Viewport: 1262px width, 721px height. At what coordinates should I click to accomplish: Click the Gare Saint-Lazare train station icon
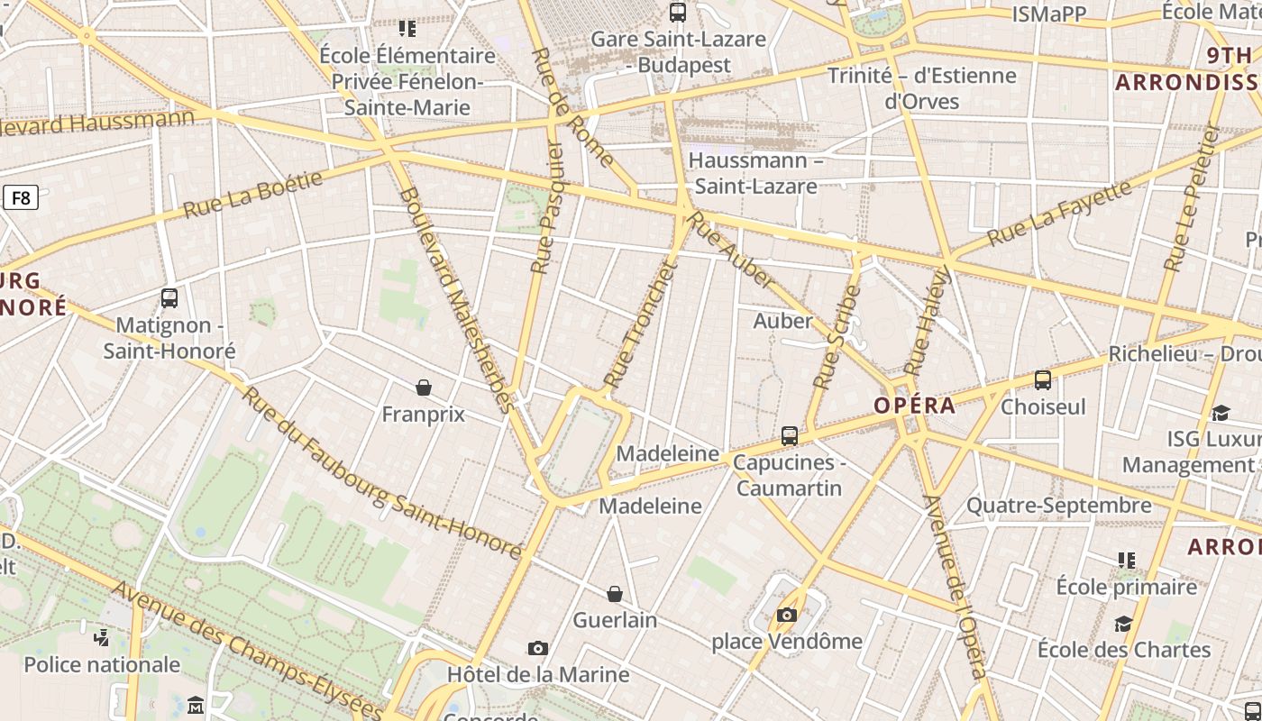point(678,13)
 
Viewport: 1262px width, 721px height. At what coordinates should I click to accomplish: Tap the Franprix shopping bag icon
point(424,388)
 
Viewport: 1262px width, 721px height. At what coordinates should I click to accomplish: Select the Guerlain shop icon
point(615,594)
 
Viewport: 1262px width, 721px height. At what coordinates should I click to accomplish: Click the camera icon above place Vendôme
point(787,616)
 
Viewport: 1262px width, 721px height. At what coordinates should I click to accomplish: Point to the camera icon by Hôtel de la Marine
point(538,648)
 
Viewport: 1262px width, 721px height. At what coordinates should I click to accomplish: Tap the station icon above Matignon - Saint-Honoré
point(169,298)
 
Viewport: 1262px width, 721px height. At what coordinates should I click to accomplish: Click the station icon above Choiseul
point(1043,380)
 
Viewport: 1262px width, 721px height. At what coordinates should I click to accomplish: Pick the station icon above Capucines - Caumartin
point(790,436)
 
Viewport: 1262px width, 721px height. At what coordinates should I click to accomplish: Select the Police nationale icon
point(102,638)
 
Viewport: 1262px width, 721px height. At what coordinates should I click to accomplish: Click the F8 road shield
point(20,197)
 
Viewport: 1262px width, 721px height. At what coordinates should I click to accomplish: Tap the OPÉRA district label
point(914,406)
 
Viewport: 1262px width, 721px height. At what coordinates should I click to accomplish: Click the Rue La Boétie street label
point(252,195)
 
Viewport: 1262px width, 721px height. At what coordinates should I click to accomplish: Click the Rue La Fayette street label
point(1059,214)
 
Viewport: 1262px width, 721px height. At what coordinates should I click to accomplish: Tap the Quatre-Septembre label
point(1059,506)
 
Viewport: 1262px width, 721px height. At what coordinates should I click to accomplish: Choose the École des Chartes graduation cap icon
point(1123,624)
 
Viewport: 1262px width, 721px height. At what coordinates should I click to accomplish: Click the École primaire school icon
point(1127,561)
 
